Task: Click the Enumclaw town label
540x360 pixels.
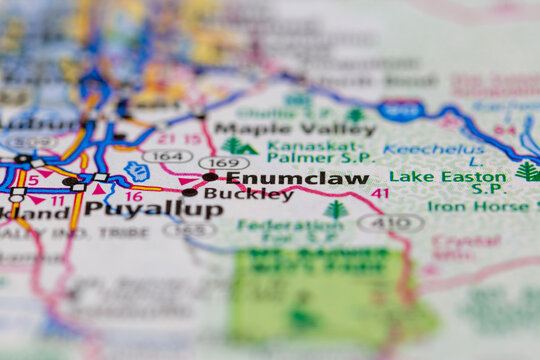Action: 296,179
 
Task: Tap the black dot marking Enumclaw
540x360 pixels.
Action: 210,177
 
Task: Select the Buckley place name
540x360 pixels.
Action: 248,195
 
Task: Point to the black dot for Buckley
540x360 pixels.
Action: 189,192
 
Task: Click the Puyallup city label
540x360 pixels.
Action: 154,210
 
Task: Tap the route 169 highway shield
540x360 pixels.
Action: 223,162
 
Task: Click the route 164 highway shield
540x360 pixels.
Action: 167,155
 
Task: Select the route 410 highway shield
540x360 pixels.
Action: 391,222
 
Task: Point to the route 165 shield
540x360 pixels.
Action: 190,229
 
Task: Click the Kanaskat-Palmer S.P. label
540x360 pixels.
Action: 322,152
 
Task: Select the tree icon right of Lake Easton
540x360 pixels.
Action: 527,171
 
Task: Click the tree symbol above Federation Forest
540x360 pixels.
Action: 336,209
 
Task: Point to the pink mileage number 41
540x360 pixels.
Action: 380,193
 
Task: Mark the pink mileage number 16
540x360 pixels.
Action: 134,196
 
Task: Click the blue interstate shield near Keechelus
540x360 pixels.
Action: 401,108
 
